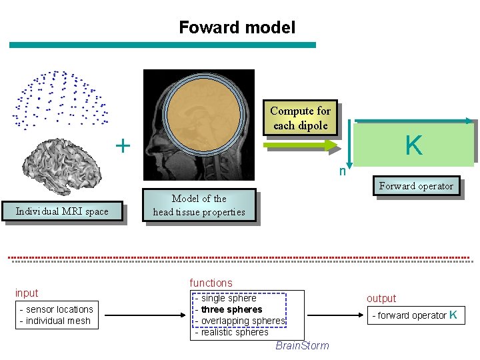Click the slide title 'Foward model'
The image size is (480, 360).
click(237, 27)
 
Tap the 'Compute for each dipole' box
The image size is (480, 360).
click(300, 118)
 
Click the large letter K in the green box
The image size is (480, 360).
click(414, 145)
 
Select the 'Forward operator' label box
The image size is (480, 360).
click(416, 186)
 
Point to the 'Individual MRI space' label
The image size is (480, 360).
click(62, 211)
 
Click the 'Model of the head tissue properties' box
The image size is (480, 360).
click(199, 205)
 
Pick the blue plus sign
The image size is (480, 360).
click(123, 145)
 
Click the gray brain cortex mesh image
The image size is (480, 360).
click(61, 166)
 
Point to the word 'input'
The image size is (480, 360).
click(27, 293)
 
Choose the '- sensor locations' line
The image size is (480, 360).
click(57, 309)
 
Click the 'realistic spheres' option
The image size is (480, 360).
click(234, 332)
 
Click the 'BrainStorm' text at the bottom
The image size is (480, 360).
click(301, 345)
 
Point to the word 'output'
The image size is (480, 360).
click(381, 299)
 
